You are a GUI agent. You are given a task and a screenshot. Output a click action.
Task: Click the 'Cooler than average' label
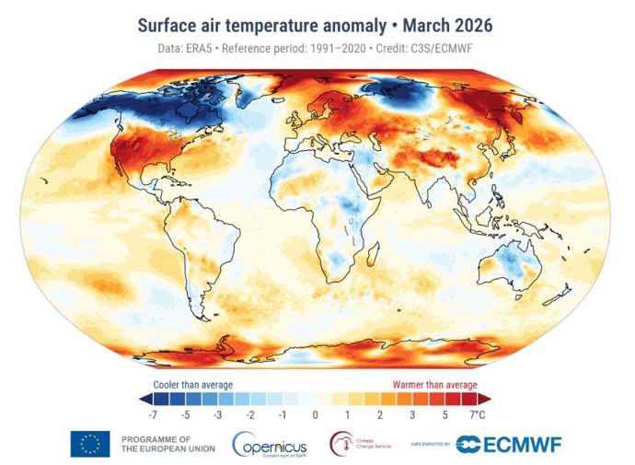pos(191,384)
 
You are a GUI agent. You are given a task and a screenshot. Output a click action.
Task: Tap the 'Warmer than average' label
pos(434,384)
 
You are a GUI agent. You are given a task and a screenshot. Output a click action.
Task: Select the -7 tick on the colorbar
pos(154,415)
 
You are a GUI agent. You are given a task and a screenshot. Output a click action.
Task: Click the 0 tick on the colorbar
pos(315,415)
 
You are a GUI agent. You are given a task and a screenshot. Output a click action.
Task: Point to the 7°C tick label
pos(476,415)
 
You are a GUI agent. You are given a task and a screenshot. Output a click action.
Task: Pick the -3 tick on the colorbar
pos(218,415)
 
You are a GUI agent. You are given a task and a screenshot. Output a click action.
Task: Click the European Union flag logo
pos(89,444)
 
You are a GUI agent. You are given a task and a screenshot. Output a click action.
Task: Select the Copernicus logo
pos(274,444)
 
